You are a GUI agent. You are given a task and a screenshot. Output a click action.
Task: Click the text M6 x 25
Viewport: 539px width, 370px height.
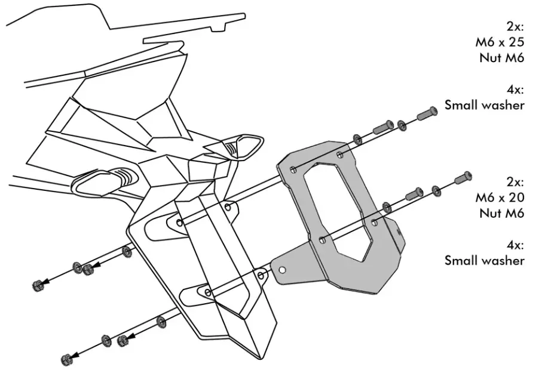[x=500, y=42]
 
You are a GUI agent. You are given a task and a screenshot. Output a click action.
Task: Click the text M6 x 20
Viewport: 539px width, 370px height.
[x=500, y=197]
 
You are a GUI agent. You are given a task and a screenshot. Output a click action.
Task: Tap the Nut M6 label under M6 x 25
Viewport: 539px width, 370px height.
[x=501, y=58]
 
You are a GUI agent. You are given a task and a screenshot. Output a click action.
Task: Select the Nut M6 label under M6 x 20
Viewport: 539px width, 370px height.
[x=501, y=212]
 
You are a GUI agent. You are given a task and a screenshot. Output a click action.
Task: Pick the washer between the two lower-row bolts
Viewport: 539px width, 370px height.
[x=437, y=191]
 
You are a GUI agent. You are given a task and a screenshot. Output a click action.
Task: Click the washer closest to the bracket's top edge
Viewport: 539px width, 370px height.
[x=357, y=139]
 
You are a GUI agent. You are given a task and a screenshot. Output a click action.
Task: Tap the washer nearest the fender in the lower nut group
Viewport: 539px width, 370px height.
[x=161, y=322]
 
